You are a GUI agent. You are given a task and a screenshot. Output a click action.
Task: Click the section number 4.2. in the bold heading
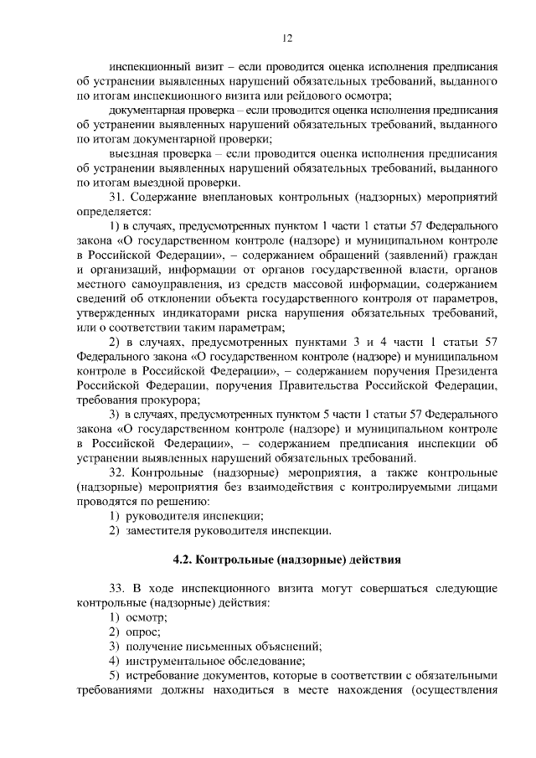[183, 557]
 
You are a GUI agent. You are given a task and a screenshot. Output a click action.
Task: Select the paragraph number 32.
[118, 472]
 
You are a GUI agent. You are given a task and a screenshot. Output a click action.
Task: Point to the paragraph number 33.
[118, 587]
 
